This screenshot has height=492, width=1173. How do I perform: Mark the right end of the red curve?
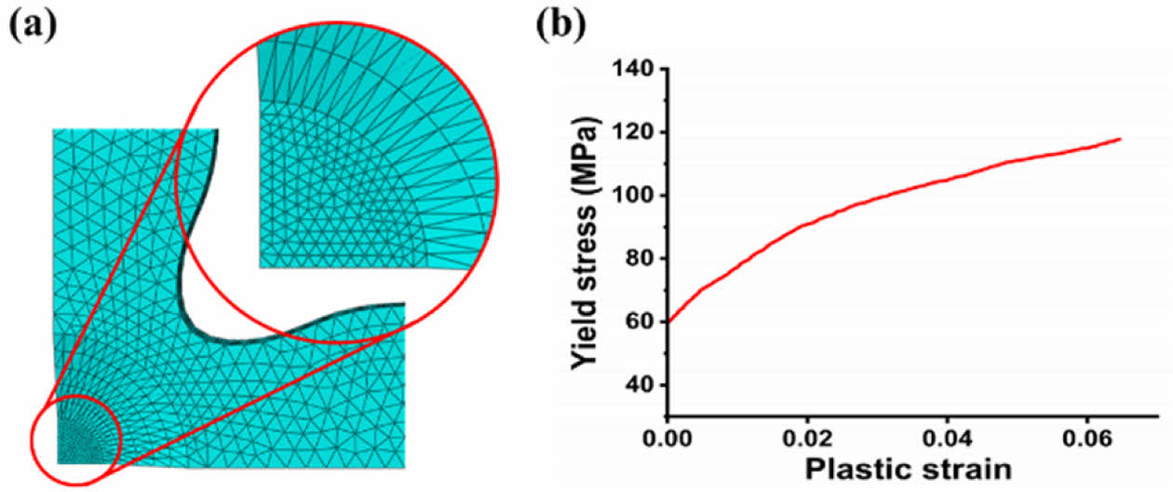pyautogui.click(x=1120, y=139)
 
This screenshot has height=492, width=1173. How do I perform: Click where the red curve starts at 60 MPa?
pyautogui.click(x=668, y=321)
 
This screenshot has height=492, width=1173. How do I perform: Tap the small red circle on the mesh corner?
pyautogui.click(x=75, y=439)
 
